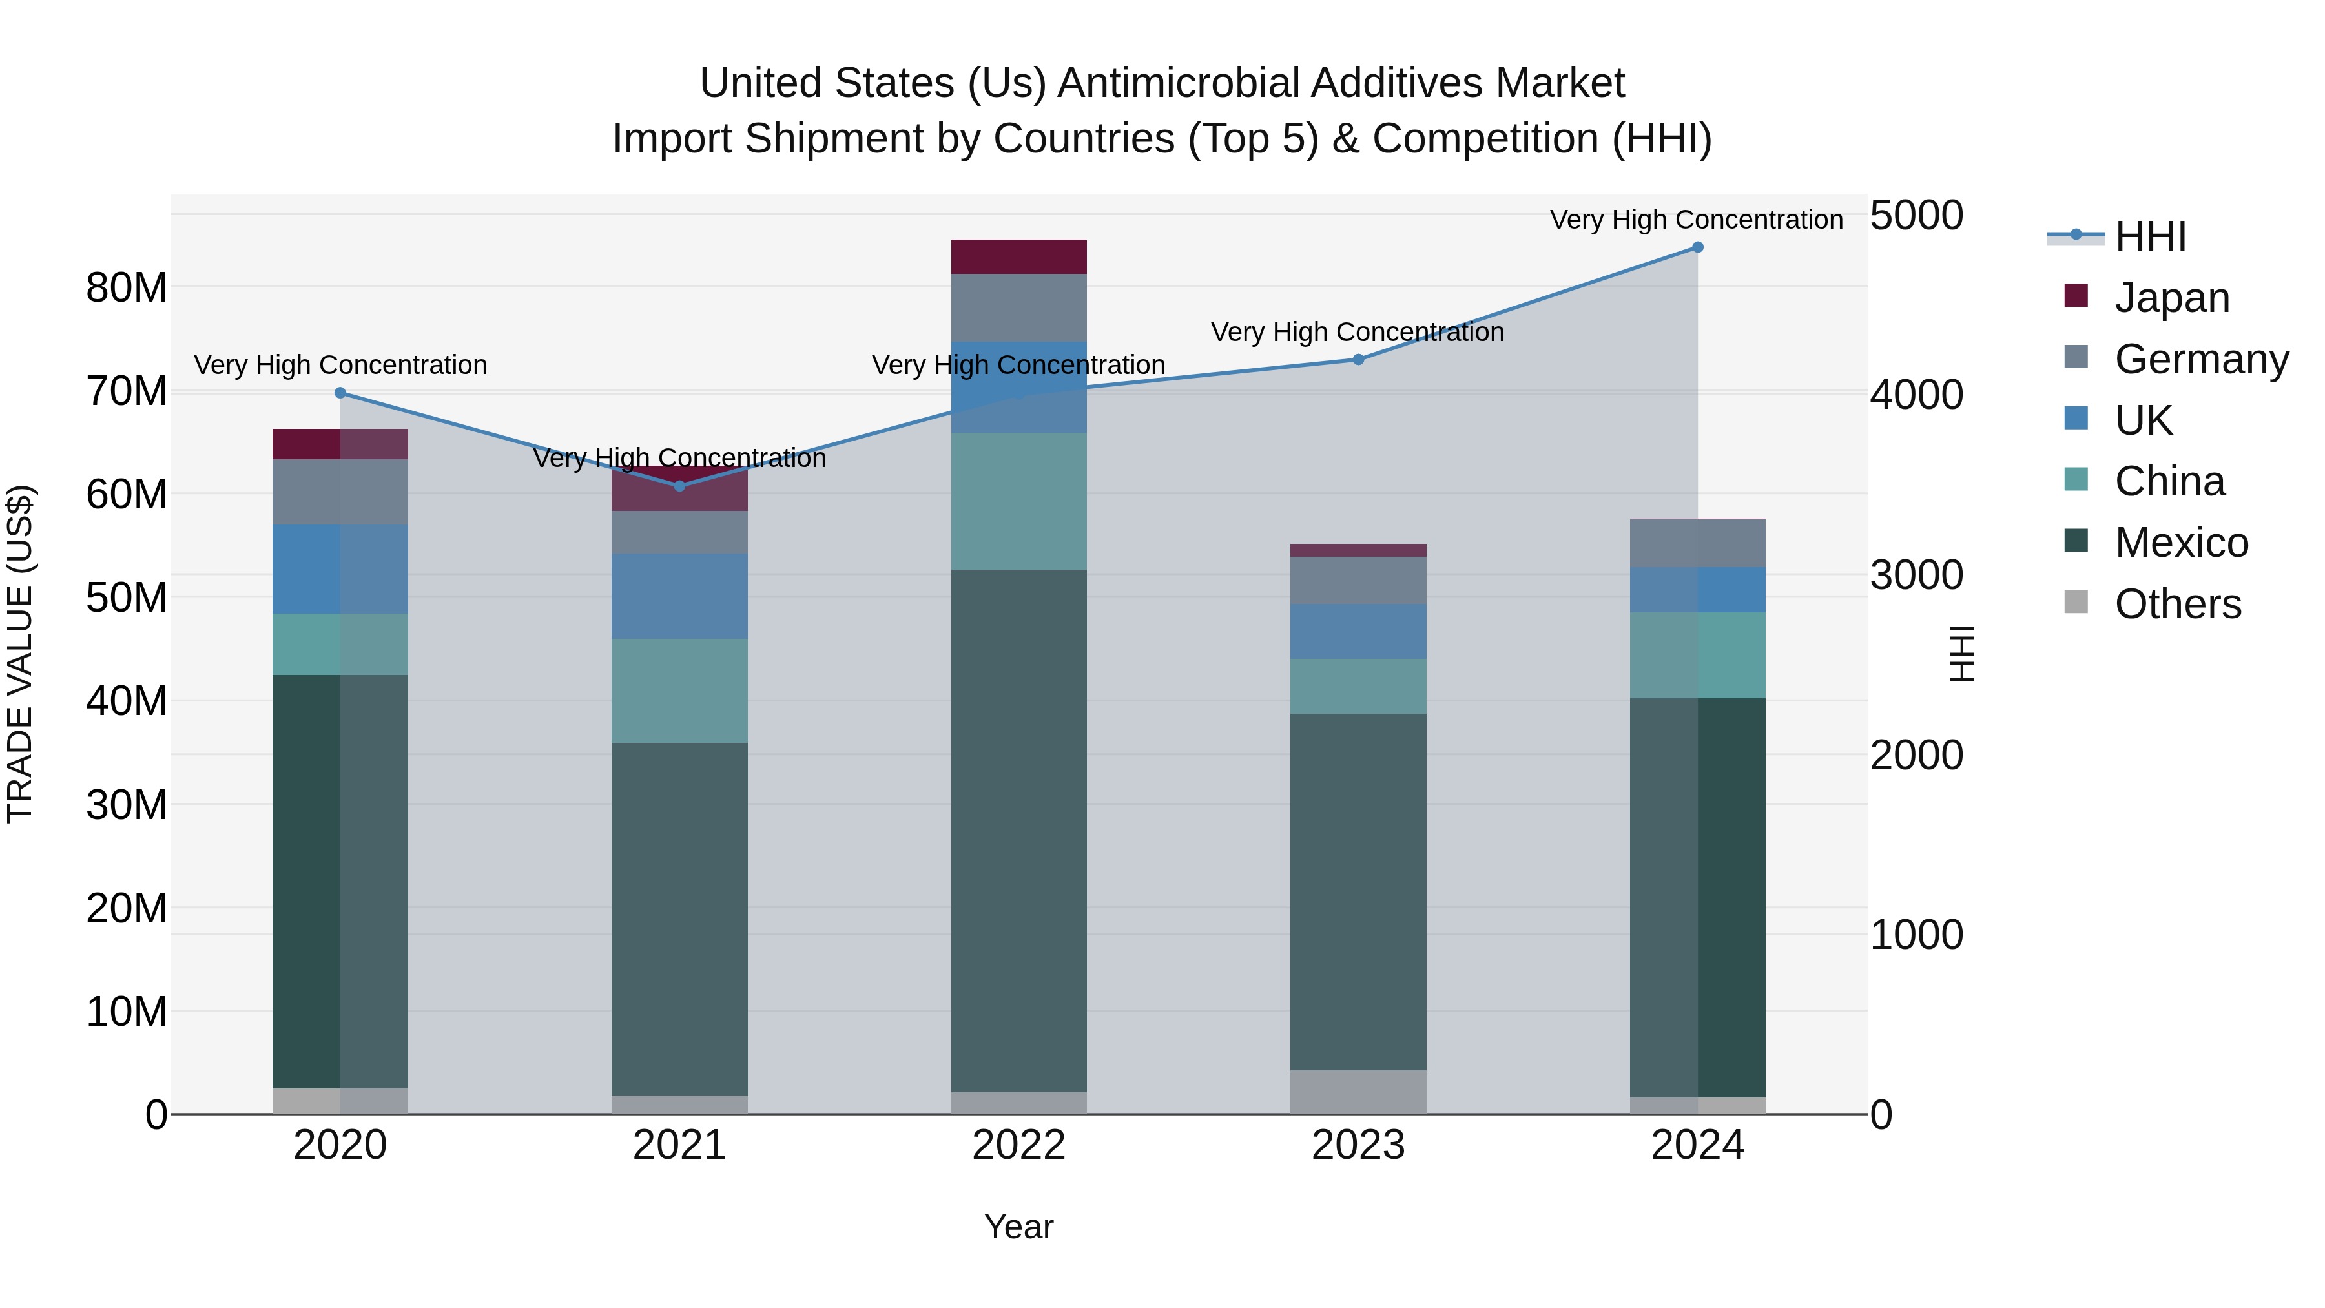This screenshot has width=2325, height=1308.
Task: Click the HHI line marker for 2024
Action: coord(1697,247)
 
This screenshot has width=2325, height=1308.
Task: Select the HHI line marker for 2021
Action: coord(679,486)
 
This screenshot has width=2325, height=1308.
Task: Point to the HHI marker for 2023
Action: coord(1358,359)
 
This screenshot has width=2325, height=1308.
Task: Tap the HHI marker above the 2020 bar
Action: coord(340,393)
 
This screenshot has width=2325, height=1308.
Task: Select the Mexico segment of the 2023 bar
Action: coord(1358,892)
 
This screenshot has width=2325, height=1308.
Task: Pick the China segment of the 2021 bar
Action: coord(679,690)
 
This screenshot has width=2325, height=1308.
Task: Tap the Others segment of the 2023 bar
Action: coord(1358,1092)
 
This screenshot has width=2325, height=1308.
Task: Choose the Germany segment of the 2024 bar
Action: coord(1697,543)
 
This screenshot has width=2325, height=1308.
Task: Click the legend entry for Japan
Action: coord(2171,298)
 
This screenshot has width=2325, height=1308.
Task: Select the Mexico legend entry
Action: coord(2180,543)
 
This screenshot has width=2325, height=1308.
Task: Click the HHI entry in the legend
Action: coord(2148,236)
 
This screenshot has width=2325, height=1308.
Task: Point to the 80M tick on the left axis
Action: coord(127,288)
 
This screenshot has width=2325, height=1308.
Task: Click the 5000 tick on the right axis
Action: coord(1916,216)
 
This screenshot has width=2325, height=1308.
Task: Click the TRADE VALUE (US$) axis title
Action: coord(20,654)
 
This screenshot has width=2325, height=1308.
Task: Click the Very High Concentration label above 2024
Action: coord(1695,220)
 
